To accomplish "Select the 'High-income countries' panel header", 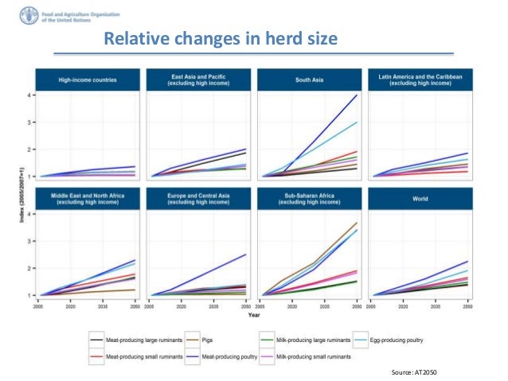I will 87,80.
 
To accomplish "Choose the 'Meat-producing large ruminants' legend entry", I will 127,340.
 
